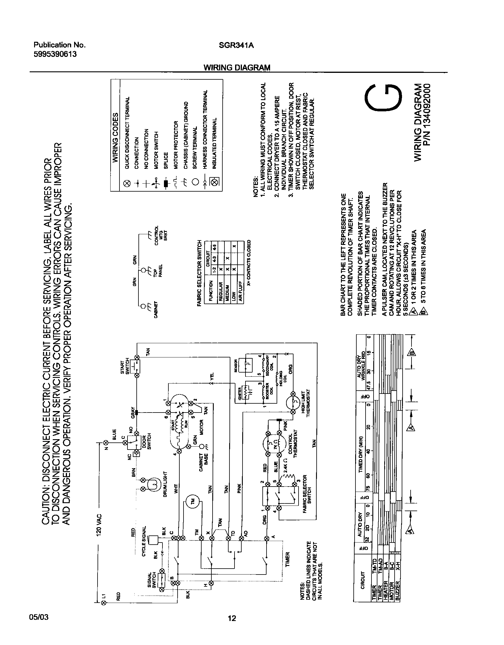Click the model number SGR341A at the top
point(236,45)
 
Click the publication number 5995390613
point(55,54)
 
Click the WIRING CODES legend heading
point(116,137)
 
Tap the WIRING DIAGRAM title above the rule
point(237,68)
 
